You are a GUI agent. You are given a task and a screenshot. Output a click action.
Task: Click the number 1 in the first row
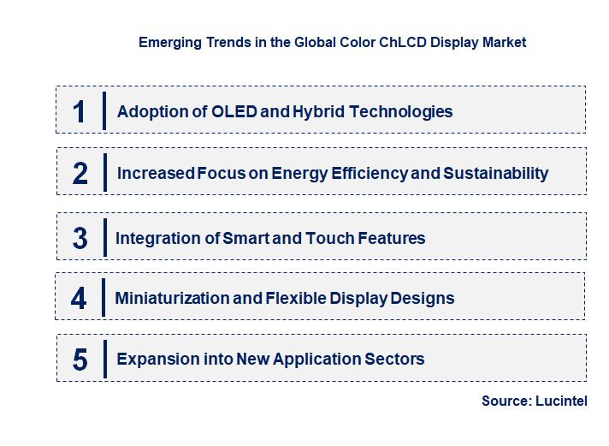(80, 111)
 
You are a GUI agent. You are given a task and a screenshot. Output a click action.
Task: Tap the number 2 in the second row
(80, 173)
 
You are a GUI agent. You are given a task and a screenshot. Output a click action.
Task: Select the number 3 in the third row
(80, 238)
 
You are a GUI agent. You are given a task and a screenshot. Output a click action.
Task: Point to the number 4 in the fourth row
(80, 298)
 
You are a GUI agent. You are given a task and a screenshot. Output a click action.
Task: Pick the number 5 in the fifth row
(80, 360)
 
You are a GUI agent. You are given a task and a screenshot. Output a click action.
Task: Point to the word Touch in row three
(324, 238)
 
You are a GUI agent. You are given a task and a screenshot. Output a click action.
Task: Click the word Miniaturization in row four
(172, 298)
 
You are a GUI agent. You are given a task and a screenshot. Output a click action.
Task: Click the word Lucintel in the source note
(562, 401)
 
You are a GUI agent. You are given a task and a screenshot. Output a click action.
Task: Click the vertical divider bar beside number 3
(103, 238)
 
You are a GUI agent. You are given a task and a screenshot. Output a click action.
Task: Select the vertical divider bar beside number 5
(103, 359)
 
